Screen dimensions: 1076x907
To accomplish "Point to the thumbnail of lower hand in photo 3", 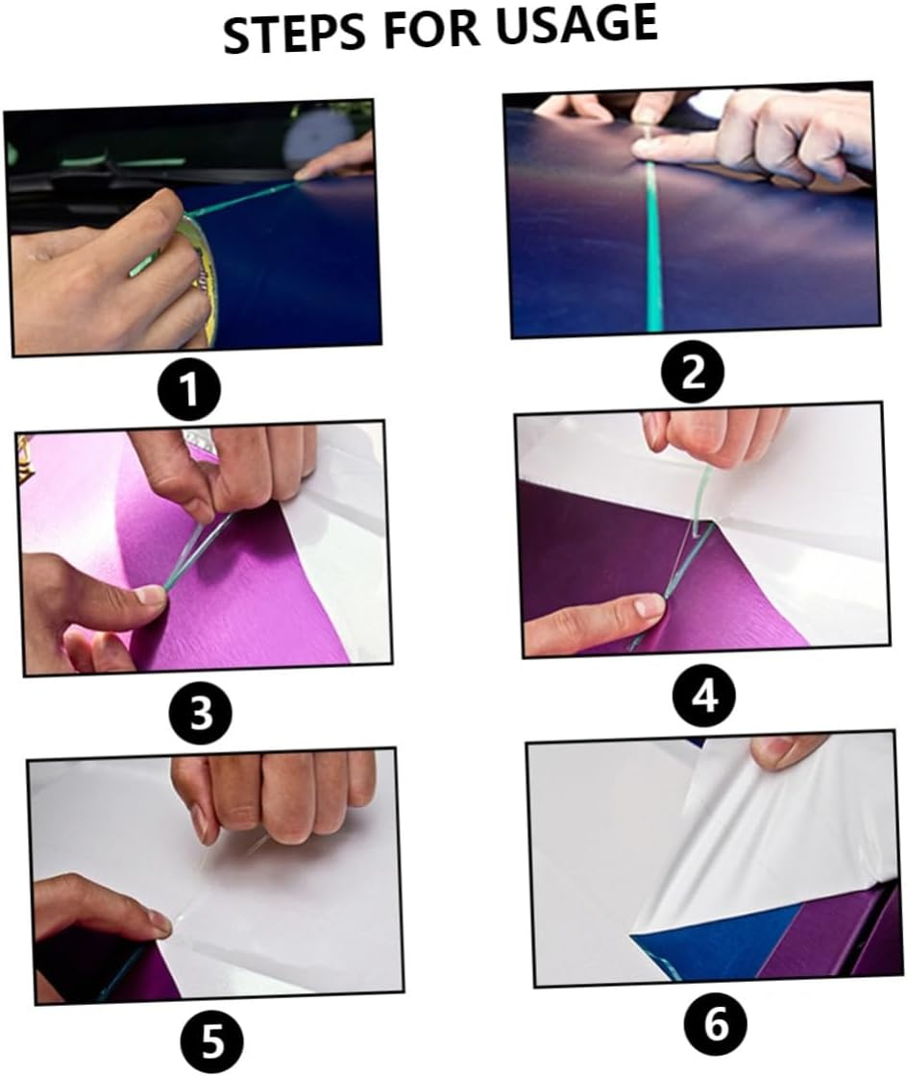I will pyautogui.click(x=151, y=596).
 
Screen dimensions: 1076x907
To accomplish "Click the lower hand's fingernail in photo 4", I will pyautogui.click(x=650, y=606).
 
